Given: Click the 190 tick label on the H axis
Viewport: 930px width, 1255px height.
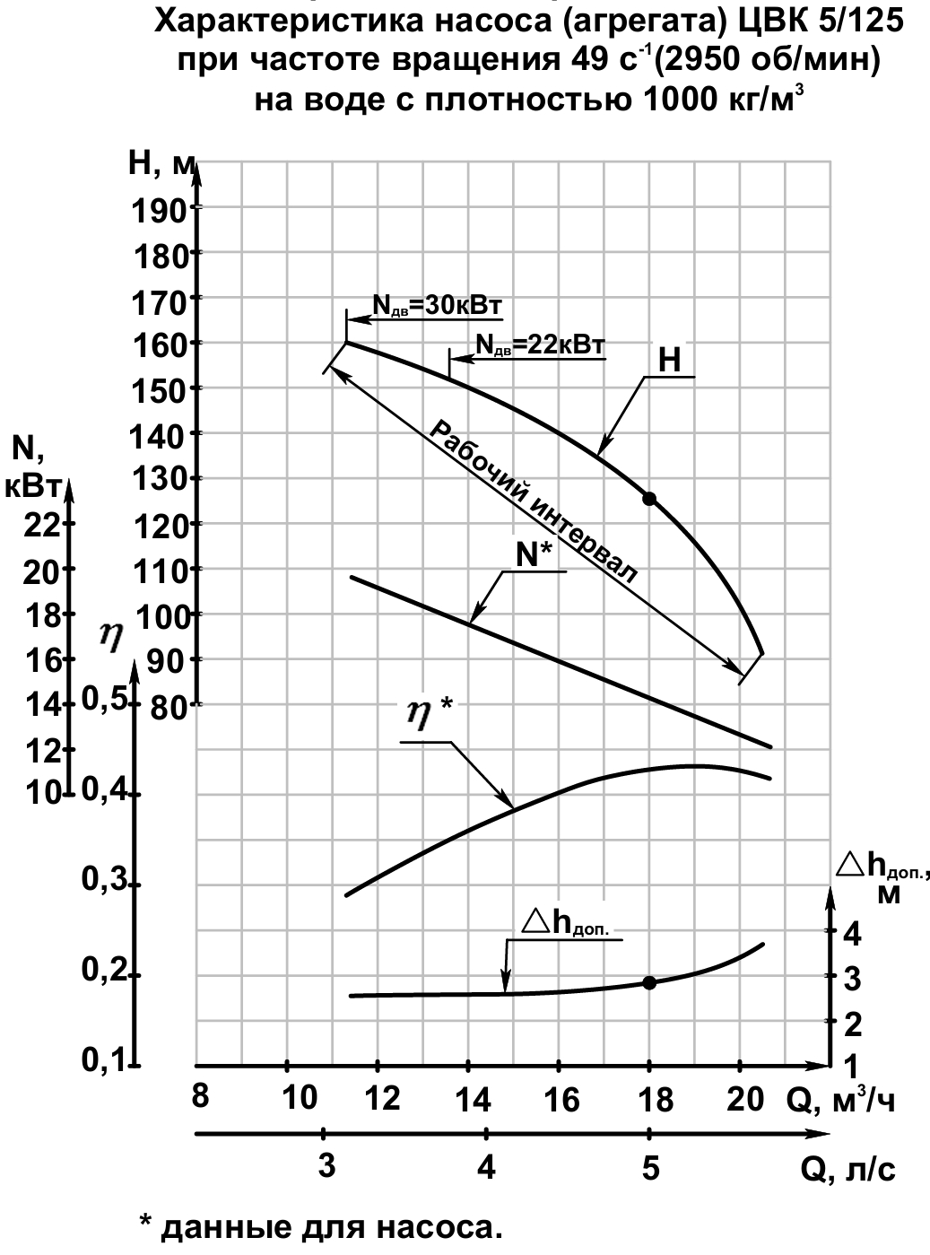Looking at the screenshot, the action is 160,213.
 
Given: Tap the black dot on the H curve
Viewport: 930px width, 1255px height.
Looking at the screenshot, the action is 649,499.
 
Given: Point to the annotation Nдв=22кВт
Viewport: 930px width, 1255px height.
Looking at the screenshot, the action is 541,344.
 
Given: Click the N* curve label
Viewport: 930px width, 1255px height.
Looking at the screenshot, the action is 535,555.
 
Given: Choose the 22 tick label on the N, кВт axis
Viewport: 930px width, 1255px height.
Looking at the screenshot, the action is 42,527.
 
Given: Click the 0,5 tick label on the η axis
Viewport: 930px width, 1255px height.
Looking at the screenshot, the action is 105,700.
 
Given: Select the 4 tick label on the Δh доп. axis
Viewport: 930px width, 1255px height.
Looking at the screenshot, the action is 853,934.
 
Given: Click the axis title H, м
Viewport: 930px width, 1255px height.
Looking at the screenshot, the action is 162,165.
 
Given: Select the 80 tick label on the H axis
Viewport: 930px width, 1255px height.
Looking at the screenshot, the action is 169,709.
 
